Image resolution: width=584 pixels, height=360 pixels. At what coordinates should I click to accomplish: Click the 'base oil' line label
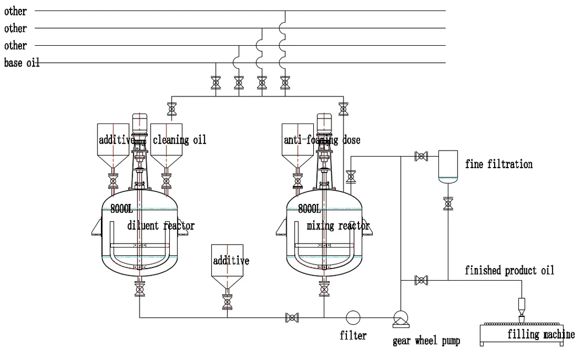[x=22, y=63]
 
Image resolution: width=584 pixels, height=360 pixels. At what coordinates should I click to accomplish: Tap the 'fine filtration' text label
[x=499, y=164]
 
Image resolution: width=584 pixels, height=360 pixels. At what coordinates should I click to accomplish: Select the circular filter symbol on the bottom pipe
[x=353, y=317]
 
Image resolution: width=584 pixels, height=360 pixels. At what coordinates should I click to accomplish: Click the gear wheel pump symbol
[x=400, y=318]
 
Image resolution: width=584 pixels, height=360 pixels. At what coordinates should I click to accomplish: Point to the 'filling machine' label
[x=540, y=334]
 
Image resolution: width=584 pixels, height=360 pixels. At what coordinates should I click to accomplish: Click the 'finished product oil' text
[x=509, y=270]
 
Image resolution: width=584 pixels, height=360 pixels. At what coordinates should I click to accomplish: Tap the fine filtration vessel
[x=448, y=166]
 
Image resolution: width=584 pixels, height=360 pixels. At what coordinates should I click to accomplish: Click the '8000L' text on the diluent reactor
[x=122, y=209]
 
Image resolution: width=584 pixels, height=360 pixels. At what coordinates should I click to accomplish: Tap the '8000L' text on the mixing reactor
[x=309, y=209]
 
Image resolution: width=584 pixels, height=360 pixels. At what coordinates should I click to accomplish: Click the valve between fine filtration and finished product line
[x=448, y=203]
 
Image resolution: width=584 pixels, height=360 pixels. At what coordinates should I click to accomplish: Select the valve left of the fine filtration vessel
[x=421, y=157]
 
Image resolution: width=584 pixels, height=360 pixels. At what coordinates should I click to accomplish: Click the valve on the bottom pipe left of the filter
[x=292, y=317]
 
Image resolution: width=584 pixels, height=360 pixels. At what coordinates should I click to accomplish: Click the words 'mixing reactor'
[x=338, y=225]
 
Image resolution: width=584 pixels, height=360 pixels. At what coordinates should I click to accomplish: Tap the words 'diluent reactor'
[x=160, y=225]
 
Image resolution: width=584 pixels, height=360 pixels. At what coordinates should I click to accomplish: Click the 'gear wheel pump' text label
[x=426, y=341]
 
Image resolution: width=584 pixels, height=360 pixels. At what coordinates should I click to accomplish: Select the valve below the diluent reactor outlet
[x=139, y=288]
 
